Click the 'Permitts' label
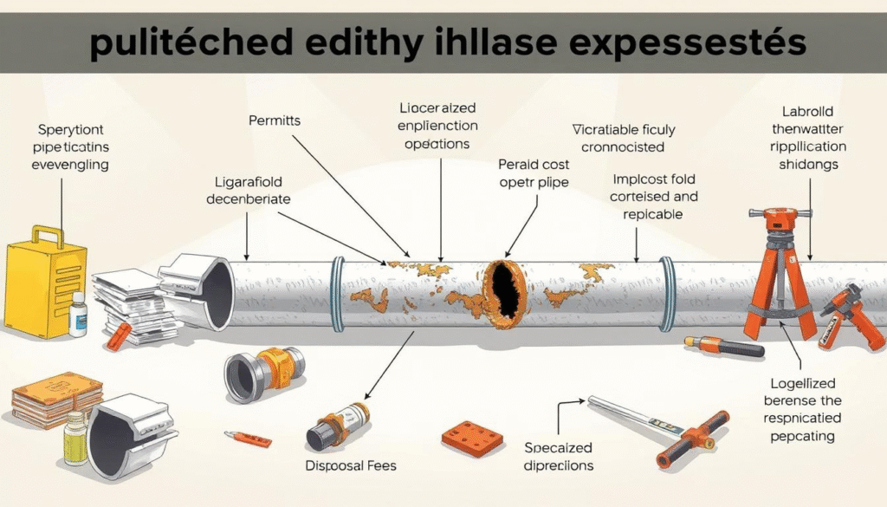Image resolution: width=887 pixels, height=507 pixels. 275,120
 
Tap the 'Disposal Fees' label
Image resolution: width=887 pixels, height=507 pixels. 350,465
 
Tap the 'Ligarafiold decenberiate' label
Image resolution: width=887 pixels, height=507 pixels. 249,190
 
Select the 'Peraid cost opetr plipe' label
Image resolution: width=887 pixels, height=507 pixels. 534,172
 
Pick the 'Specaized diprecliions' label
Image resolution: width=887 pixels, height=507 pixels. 559,456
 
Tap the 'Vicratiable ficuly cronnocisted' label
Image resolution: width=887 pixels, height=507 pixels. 623,138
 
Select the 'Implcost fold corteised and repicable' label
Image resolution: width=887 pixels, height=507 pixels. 653,197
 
